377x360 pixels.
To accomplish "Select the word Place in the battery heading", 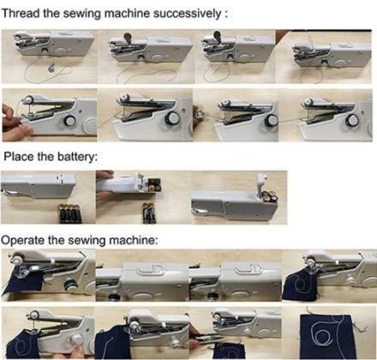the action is (x=19, y=157).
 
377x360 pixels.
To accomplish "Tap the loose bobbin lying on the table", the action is (x=51, y=69).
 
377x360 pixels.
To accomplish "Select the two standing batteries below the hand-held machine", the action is (x=149, y=213).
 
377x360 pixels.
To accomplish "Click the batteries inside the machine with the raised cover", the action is (x=269, y=197).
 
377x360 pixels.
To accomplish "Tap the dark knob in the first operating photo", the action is (x=69, y=285).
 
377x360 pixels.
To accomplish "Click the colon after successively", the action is (x=226, y=15).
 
